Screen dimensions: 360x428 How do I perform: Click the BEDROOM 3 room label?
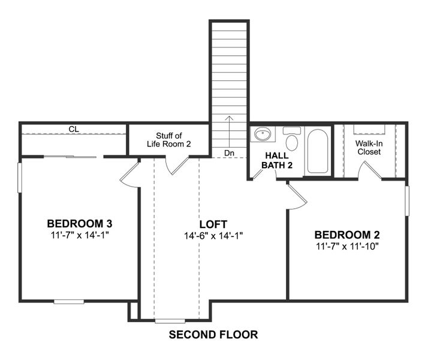[x=79, y=224]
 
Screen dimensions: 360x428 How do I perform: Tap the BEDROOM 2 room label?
[x=347, y=235]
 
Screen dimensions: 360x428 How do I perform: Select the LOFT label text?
[x=213, y=224]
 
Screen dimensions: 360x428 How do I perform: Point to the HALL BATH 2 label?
[x=278, y=160]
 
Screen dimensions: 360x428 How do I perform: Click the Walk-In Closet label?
[x=369, y=148]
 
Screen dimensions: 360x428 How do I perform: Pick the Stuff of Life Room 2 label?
[x=169, y=140]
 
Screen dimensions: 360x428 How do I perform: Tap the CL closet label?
[x=74, y=129]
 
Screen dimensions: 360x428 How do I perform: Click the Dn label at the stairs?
[x=229, y=153]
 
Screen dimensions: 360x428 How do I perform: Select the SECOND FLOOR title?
[x=213, y=335]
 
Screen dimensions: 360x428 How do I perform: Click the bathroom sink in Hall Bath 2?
[x=261, y=134]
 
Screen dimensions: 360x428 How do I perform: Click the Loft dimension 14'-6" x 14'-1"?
[x=213, y=236]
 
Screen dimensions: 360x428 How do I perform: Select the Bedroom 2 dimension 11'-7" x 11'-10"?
[x=347, y=246]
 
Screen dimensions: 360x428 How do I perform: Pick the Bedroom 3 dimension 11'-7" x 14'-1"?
[x=79, y=235]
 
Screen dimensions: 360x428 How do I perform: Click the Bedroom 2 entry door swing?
[x=295, y=197]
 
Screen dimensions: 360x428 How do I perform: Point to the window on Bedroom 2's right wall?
[x=407, y=200]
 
